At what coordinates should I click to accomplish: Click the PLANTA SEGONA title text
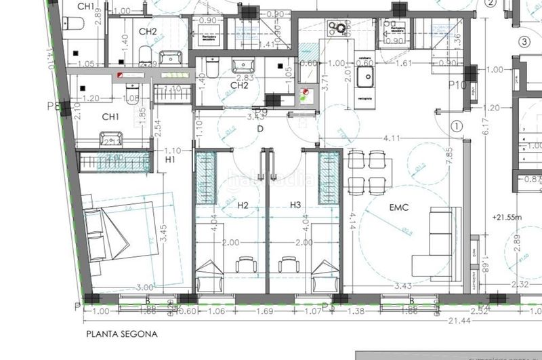coord(121,334)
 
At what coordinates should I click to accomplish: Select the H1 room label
coord(170,159)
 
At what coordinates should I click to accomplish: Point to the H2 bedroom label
coord(243,204)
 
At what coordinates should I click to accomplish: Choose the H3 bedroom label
coord(295,204)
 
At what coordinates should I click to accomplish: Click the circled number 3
coord(523,41)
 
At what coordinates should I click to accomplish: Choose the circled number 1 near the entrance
coord(457,125)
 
